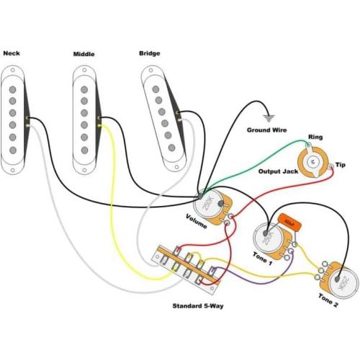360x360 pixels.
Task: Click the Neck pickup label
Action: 12,53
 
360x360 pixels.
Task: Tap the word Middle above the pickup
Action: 84,54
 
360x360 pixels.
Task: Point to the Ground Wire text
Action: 266,130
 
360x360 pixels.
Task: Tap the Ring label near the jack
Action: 315,137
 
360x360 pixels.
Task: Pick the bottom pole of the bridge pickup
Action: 176,141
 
